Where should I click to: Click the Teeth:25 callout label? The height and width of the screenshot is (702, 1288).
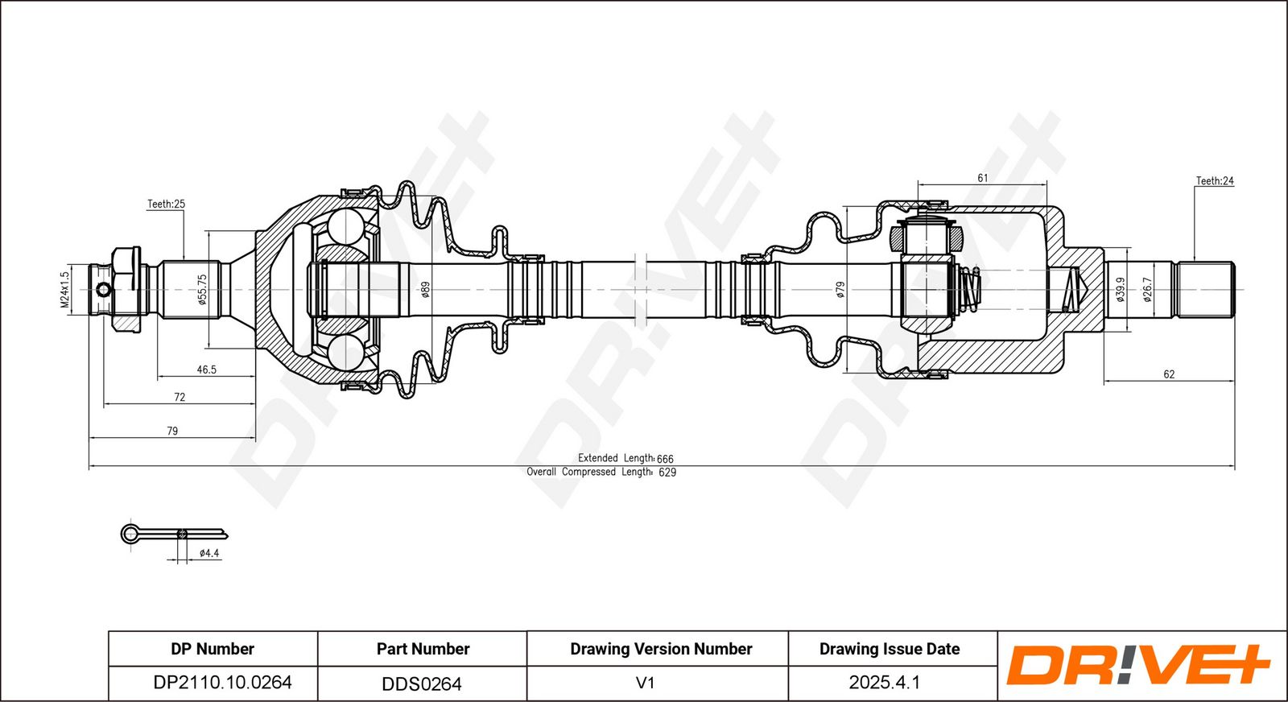click(166, 204)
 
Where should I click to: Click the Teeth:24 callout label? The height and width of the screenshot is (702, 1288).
click(1214, 181)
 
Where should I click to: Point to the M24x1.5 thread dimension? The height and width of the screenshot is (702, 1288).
click(65, 289)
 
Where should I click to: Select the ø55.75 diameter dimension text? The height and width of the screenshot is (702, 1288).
click(202, 289)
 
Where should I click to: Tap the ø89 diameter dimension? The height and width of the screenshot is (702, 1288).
click(426, 289)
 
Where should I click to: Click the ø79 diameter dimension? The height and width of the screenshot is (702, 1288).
click(840, 289)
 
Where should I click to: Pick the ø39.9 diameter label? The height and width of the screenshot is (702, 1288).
click(1119, 289)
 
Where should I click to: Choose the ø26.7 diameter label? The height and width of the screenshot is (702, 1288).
click(1147, 289)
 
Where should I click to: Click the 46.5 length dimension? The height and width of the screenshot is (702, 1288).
click(206, 370)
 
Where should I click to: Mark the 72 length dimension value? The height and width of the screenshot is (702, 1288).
click(180, 397)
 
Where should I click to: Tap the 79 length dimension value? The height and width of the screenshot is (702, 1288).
click(172, 431)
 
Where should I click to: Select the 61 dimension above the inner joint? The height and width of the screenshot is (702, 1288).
click(982, 178)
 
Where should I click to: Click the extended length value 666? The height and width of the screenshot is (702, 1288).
click(665, 459)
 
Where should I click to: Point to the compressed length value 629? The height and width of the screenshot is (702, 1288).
click(667, 473)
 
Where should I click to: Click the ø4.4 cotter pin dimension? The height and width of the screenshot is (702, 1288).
click(209, 553)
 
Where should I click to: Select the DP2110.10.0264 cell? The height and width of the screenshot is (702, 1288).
click(222, 683)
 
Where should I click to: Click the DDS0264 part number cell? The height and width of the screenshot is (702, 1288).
click(422, 683)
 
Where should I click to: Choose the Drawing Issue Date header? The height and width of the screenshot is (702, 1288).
click(890, 649)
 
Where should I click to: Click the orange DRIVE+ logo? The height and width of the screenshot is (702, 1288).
click(1137, 665)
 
